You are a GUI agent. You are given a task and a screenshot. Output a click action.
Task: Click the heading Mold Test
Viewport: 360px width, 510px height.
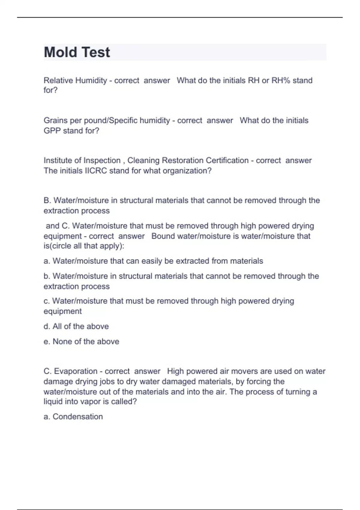coord(77,52)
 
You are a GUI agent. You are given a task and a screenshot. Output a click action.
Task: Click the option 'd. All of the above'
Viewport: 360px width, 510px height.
coord(76,326)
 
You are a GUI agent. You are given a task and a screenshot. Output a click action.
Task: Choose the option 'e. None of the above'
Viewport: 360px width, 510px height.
coord(81,341)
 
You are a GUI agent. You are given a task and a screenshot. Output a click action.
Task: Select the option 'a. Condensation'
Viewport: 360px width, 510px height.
coord(73,417)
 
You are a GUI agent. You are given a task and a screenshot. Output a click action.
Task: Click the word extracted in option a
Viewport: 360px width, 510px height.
coord(192,261)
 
